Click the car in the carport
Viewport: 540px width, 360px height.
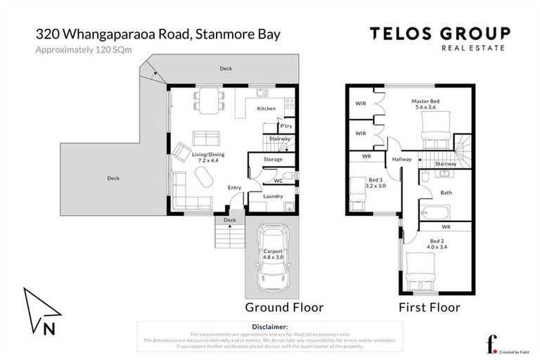click(272, 259)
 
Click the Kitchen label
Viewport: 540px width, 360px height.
click(266, 108)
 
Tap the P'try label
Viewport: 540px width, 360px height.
click(285, 126)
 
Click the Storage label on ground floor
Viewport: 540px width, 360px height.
click(273, 160)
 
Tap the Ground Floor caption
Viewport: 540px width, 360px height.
click(283, 307)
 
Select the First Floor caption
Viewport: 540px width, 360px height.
click(429, 307)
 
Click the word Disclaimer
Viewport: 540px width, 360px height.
click(269, 327)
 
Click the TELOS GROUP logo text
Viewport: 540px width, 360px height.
click(440, 33)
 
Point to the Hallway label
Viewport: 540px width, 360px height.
click(402, 160)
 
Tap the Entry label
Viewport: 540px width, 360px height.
click(234, 187)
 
